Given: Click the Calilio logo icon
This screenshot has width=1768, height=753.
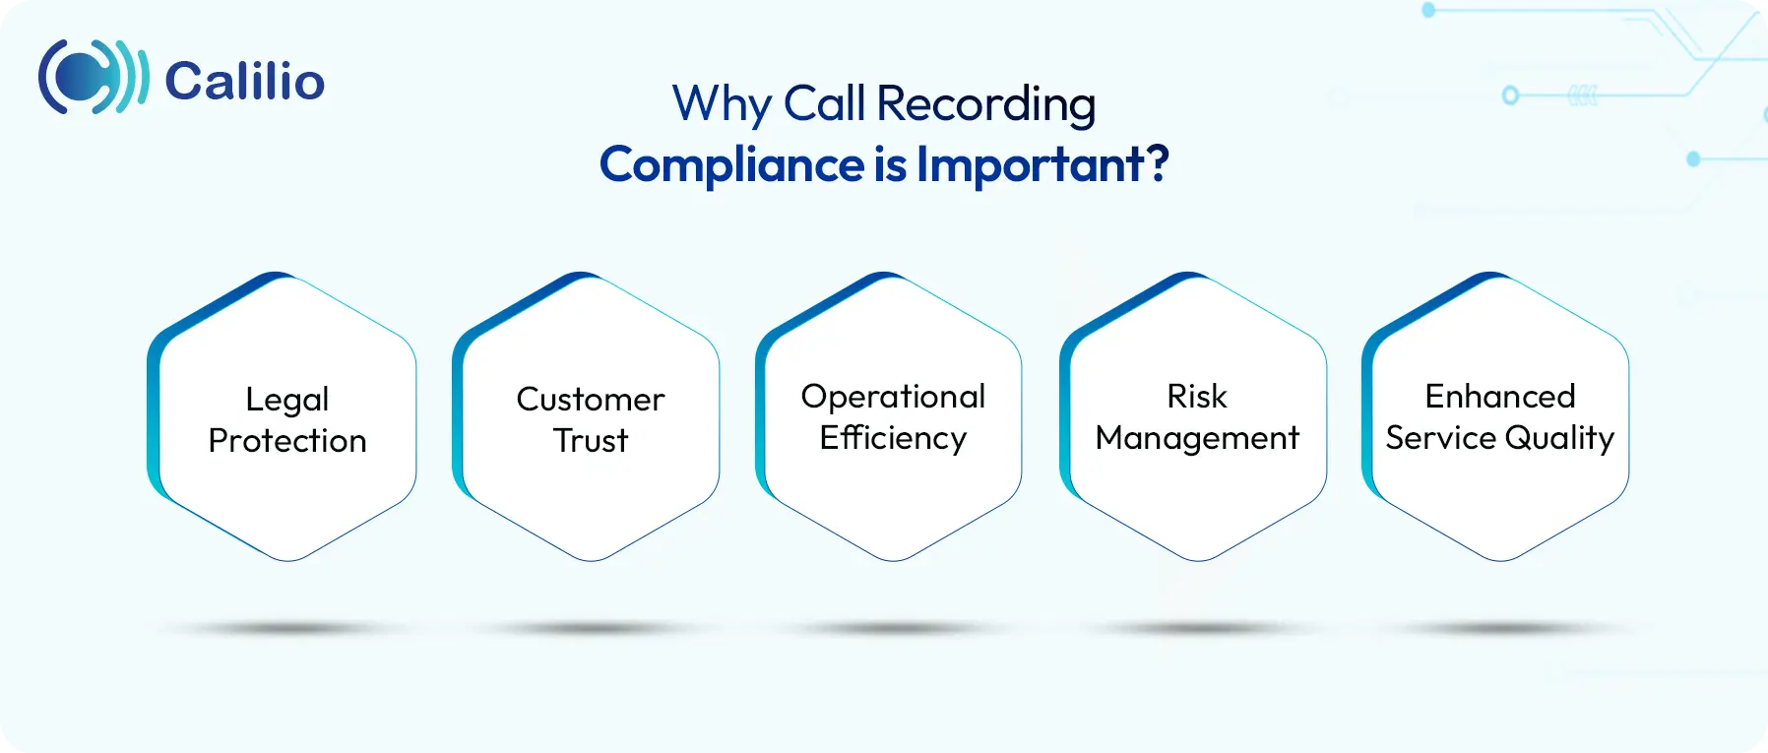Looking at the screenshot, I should [x=93, y=78].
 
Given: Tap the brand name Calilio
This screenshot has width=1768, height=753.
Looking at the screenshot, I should [x=244, y=81].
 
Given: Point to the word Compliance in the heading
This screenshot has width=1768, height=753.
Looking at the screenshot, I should [x=731, y=164].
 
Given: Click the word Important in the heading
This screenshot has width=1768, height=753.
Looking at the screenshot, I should [x=1031, y=164].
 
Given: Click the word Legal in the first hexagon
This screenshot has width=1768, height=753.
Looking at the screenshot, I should [x=287, y=400].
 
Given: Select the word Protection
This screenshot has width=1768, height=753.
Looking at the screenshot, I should [x=287, y=440].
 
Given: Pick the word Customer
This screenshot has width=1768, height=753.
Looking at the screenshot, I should [x=591, y=399].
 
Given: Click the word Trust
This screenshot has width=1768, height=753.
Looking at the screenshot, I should [x=591, y=440].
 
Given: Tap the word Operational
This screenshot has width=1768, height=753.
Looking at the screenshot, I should [x=893, y=396].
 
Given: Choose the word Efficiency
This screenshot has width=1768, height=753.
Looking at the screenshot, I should [x=893, y=438].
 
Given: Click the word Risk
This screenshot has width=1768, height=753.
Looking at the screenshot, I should [x=1197, y=396].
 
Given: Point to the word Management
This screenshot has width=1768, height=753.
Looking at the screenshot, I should [x=1197, y=438].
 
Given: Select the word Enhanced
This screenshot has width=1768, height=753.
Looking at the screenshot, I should [x=1500, y=396].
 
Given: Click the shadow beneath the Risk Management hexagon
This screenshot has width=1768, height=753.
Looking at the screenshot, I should [x=1197, y=628].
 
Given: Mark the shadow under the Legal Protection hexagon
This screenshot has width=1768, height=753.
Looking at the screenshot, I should [x=287, y=628].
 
